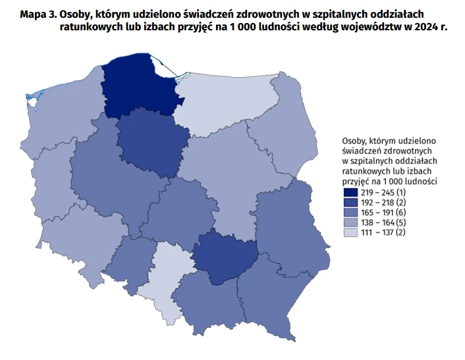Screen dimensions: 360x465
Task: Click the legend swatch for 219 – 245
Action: [350, 192]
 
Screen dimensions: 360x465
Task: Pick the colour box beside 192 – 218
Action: [350, 202]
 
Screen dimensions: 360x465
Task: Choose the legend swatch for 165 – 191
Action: [350, 212]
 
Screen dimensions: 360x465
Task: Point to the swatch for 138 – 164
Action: [350, 222]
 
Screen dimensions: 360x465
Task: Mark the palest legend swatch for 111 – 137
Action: [350, 232]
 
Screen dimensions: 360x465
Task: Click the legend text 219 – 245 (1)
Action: [385, 192]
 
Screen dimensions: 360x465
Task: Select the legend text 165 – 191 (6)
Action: [385, 212]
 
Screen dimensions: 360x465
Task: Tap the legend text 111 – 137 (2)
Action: [385, 232]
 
